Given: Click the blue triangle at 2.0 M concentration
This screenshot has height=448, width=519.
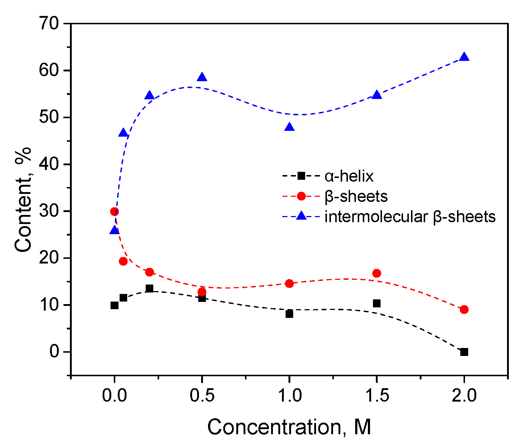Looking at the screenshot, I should click(x=464, y=57).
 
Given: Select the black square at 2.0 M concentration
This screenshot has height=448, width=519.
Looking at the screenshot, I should click(x=464, y=352).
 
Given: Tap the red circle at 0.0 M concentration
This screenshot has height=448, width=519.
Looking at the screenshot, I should click(x=115, y=212).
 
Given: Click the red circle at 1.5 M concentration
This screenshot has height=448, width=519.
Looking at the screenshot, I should click(x=377, y=273).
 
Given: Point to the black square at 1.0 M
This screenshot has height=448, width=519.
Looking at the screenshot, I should click(x=289, y=314).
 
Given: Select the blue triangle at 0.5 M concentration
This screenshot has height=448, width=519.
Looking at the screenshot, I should click(x=202, y=77).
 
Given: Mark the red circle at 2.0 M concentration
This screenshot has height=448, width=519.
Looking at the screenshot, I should click(x=464, y=310).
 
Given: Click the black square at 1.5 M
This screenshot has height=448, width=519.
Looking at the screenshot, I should click(x=377, y=303).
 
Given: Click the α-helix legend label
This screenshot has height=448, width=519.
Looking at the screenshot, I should click(x=349, y=177).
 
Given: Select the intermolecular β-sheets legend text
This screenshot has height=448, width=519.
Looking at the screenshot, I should click(x=410, y=217).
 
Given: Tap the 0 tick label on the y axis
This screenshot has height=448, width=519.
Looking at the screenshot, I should click(x=54, y=352).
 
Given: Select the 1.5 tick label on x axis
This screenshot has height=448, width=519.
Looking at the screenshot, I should click(x=377, y=396).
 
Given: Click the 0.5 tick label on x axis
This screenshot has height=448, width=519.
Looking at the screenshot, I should click(x=202, y=396).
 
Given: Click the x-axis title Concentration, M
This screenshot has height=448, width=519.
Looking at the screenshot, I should click(x=289, y=427).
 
